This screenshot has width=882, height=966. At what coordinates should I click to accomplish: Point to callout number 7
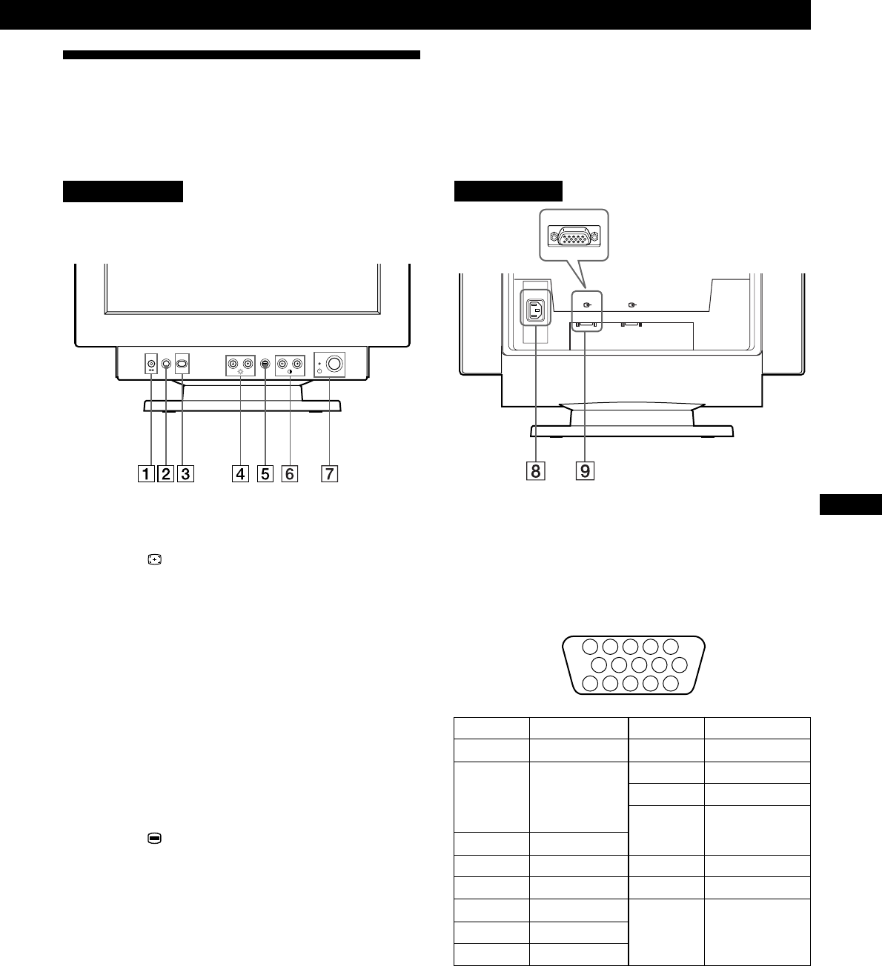click(x=327, y=473)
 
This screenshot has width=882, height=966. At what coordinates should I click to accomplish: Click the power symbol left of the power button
click(x=319, y=371)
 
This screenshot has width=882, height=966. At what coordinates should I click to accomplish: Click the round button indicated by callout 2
click(x=166, y=364)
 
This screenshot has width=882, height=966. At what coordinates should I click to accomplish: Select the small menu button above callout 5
click(x=265, y=364)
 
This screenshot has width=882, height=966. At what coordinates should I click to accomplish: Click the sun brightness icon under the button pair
click(x=240, y=374)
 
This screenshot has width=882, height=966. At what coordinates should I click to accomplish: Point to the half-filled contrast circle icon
click(x=290, y=374)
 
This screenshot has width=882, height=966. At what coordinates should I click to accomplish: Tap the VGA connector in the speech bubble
click(x=574, y=236)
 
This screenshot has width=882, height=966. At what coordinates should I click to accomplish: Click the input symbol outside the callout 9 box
click(x=631, y=304)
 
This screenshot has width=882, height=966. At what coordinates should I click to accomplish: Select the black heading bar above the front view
click(x=122, y=190)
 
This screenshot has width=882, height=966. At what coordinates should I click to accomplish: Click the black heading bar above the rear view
click(x=508, y=190)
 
